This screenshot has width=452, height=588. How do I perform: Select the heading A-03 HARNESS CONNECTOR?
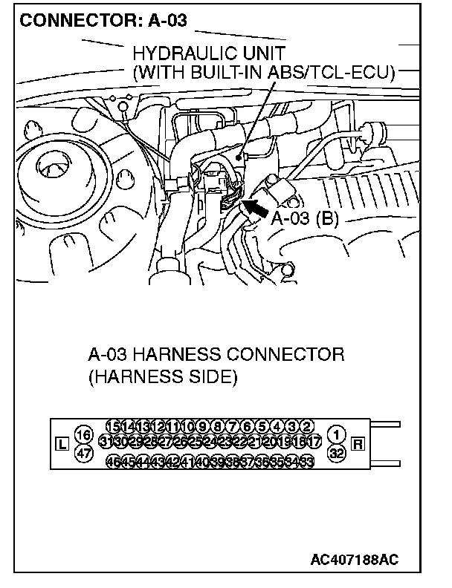pyautogui.click(x=216, y=354)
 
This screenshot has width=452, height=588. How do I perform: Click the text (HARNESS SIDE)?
pyautogui.click(x=162, y=377)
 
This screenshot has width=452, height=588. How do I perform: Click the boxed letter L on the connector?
pyautogui.click(x=62, y=445)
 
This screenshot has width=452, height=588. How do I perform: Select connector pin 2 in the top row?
pyautogui.click(x=306, y=426)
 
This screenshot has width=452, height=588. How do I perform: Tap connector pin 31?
pyautogui.click(x=105, y=442)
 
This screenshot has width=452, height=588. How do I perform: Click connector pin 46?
pyautogui.click(x=114, y=460)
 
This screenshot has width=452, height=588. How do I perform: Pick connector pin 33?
pyautogui.click(x=306, y=460)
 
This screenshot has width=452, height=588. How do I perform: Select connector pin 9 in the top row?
pyautogui.click(x=203, y=426)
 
